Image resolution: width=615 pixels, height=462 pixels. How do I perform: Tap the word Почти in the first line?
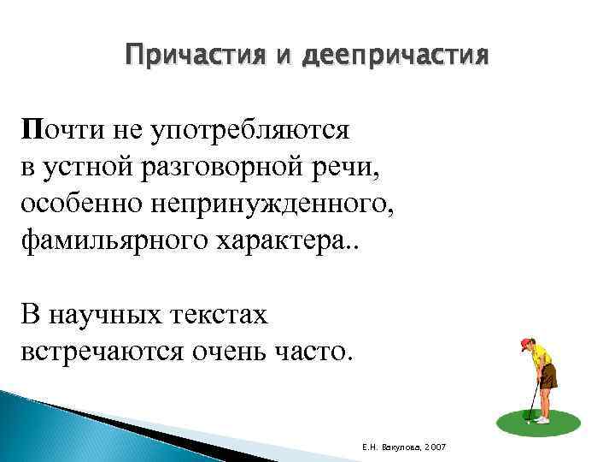point(55,129)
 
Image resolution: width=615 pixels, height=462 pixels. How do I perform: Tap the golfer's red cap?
point(525,344)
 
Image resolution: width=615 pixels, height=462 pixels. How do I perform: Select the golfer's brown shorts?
point(548,376)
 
